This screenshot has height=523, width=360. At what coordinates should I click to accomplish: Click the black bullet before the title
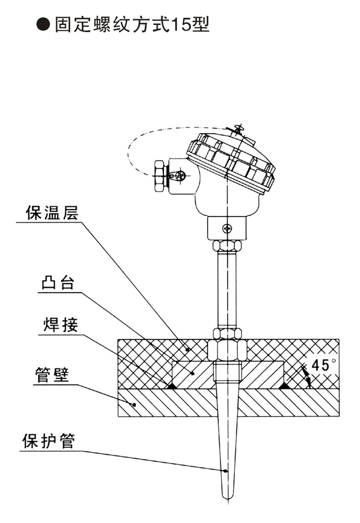(x=43, y=24)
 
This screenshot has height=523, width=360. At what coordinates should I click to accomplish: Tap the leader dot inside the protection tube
(x=226, y=470)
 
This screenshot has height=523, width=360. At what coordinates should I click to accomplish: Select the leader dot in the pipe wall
(x=133, y=404)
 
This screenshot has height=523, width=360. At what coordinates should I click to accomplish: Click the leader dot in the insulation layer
(x=188, y=350)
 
